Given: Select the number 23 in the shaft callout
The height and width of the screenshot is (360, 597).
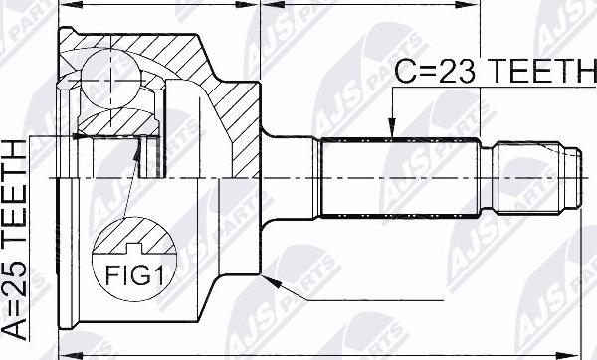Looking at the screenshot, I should tap(439, 71).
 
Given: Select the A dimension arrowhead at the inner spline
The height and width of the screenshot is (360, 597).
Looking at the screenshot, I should tap(74, 132).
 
